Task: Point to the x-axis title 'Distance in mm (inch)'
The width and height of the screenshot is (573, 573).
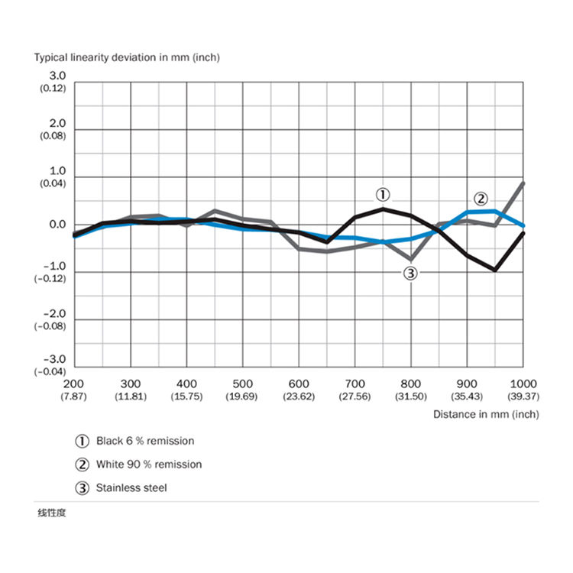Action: pyautogui.click(x=485, y=414)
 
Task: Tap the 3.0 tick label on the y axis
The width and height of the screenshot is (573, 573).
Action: pyautogui.click(x=58, y=76)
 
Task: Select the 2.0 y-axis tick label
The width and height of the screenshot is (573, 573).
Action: pyautogui.click(x=58, y=123)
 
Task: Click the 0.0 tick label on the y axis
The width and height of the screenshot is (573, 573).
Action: pyautogui.click(x=58, y=225)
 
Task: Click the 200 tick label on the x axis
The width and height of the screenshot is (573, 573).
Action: pyautogui.click(x=73, y=383)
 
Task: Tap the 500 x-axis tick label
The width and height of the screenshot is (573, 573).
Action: pyautogui.click(x=243, y=383)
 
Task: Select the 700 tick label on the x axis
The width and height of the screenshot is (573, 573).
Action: pyautogui.click(x=354, y=383)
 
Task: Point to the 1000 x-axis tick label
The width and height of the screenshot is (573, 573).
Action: pyautogui.click(x=523, y=383)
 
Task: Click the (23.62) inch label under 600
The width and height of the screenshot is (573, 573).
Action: pyautogui.click(x=299, y=396)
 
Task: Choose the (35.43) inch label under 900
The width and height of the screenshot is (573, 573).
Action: pyautogui.click(x=467, y=396)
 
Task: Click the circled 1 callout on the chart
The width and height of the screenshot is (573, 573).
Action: pyautogui.click(x=383, y=193)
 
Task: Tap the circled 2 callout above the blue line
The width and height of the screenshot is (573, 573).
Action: pyautogui.click(x=481, y=197)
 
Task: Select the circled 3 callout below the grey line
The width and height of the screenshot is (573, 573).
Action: pyautogui.click(x=410, y=274)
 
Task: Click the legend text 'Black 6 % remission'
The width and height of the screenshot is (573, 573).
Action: pyautogui.click(x=145, y=441)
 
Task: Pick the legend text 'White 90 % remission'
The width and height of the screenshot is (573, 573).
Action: pyautogui.click(x=149, y=464)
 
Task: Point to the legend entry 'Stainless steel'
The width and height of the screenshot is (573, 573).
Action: pyautogui.click(x=131, y=487)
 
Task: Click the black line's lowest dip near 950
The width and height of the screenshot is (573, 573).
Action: pyautogui.click(x=496, y=270)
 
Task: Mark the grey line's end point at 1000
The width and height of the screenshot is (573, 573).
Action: pyautogui.click(x=523, y=183)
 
